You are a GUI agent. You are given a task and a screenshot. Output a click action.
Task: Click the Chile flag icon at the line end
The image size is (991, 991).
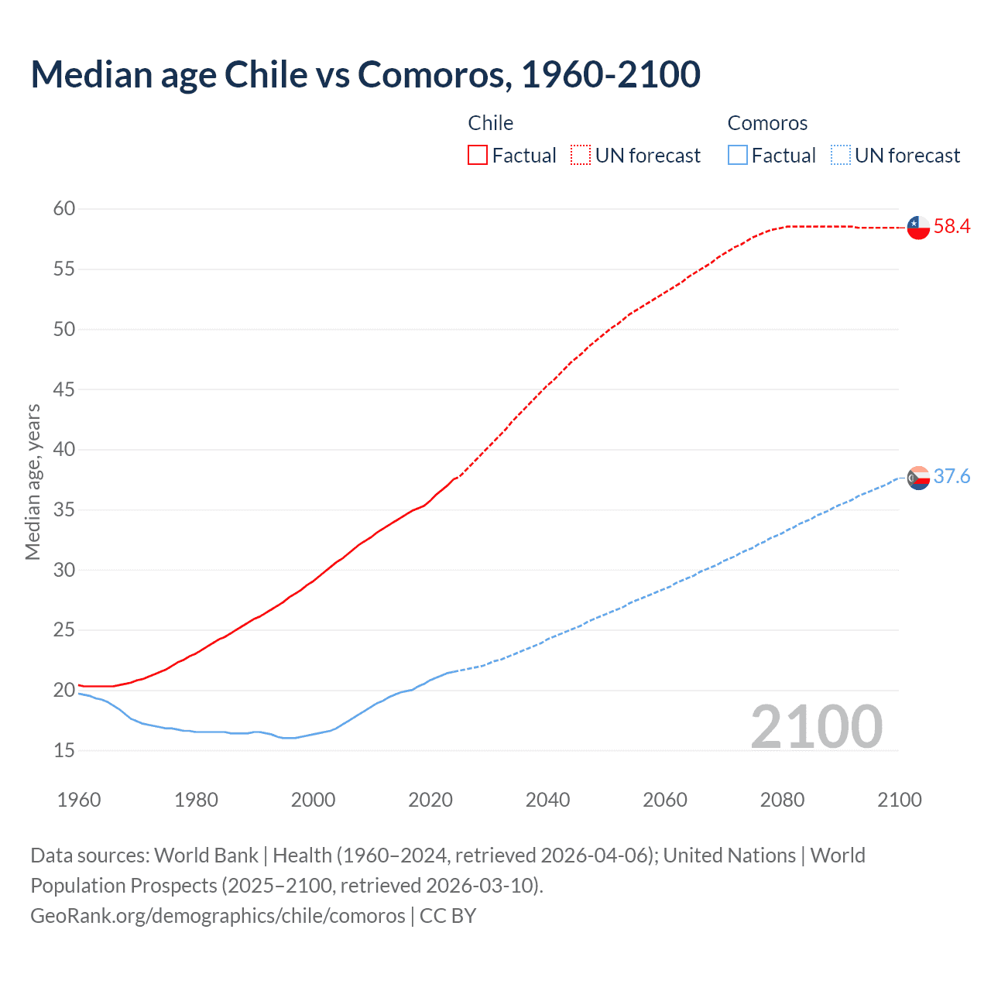pyautogui.click(x=918, y=228)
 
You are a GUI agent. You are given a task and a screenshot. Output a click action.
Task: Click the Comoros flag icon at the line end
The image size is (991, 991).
pyautogui.click(x=918, y=478)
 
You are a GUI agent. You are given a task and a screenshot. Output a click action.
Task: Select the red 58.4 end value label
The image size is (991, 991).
pyautogui.click(x=952, y=227)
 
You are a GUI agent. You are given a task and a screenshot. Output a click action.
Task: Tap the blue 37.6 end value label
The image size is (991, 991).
pyautogui.click(x=952, y=477)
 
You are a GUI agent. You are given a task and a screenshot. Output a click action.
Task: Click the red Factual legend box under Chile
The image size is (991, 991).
pyautogui.click(x=478, y=155)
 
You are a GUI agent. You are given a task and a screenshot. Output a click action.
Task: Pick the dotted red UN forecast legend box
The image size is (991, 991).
pyautogui.click(x=581, y=155)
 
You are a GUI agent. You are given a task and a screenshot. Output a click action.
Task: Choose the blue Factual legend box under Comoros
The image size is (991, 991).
pyautogui.click(x=738, y=155)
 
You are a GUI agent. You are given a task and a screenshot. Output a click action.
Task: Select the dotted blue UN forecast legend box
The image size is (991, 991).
pyautogui.click(x=840, y=155)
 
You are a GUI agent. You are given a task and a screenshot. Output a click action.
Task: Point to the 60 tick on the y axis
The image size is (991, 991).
pyautogui.click(x=64, y=208)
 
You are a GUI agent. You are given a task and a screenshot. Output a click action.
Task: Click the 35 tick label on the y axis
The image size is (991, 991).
pyautogui.click(x=64, y=509)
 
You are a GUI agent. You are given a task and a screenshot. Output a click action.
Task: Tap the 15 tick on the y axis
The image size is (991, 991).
pyautogui.click(x=64, y=750)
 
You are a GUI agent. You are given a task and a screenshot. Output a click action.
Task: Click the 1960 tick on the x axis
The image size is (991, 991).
pyautogui.click(x=79, y=800)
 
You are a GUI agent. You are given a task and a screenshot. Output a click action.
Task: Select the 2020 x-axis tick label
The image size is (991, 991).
pyautogui.click(x=430, y=800)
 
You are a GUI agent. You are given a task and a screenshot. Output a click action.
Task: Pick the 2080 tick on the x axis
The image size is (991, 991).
pyautogui.click(x=782, y=800)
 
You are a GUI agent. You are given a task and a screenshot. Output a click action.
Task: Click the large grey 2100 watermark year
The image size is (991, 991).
pyautogui.click(x=816, y=726)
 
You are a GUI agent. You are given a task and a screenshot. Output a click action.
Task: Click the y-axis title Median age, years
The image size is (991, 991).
pyautogui.click(x=33, y=482)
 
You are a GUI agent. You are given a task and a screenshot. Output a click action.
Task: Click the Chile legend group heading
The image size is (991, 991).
pyautogui.click(x=490, y=123)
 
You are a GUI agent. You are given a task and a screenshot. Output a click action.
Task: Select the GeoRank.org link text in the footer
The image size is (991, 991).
pyautogui.click(x=217, y=916)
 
